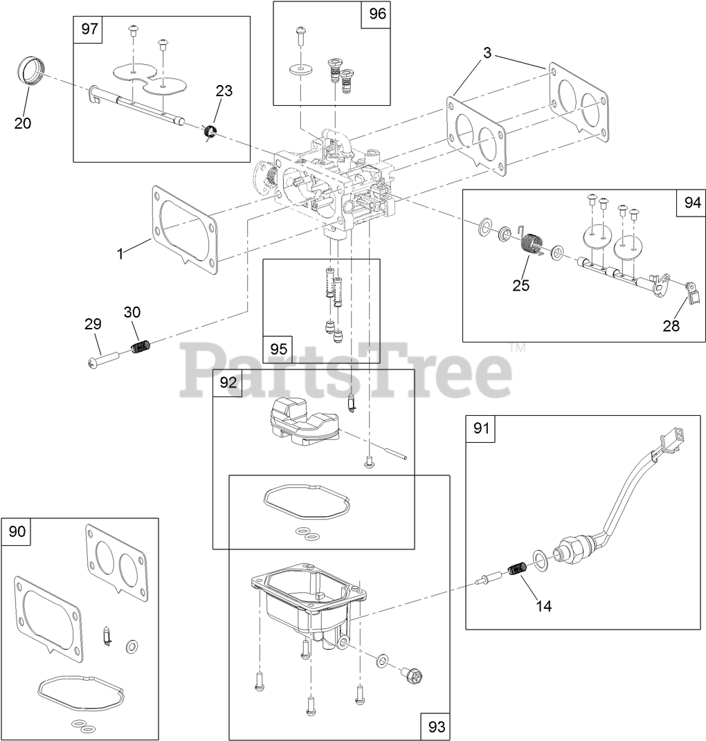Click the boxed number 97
(90, 30)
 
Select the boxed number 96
(377, 14)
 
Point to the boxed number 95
(278, 349)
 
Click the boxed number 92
(228, 383)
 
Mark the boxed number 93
(436, 726)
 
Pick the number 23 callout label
(224, 91)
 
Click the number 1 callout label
(120, 254)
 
